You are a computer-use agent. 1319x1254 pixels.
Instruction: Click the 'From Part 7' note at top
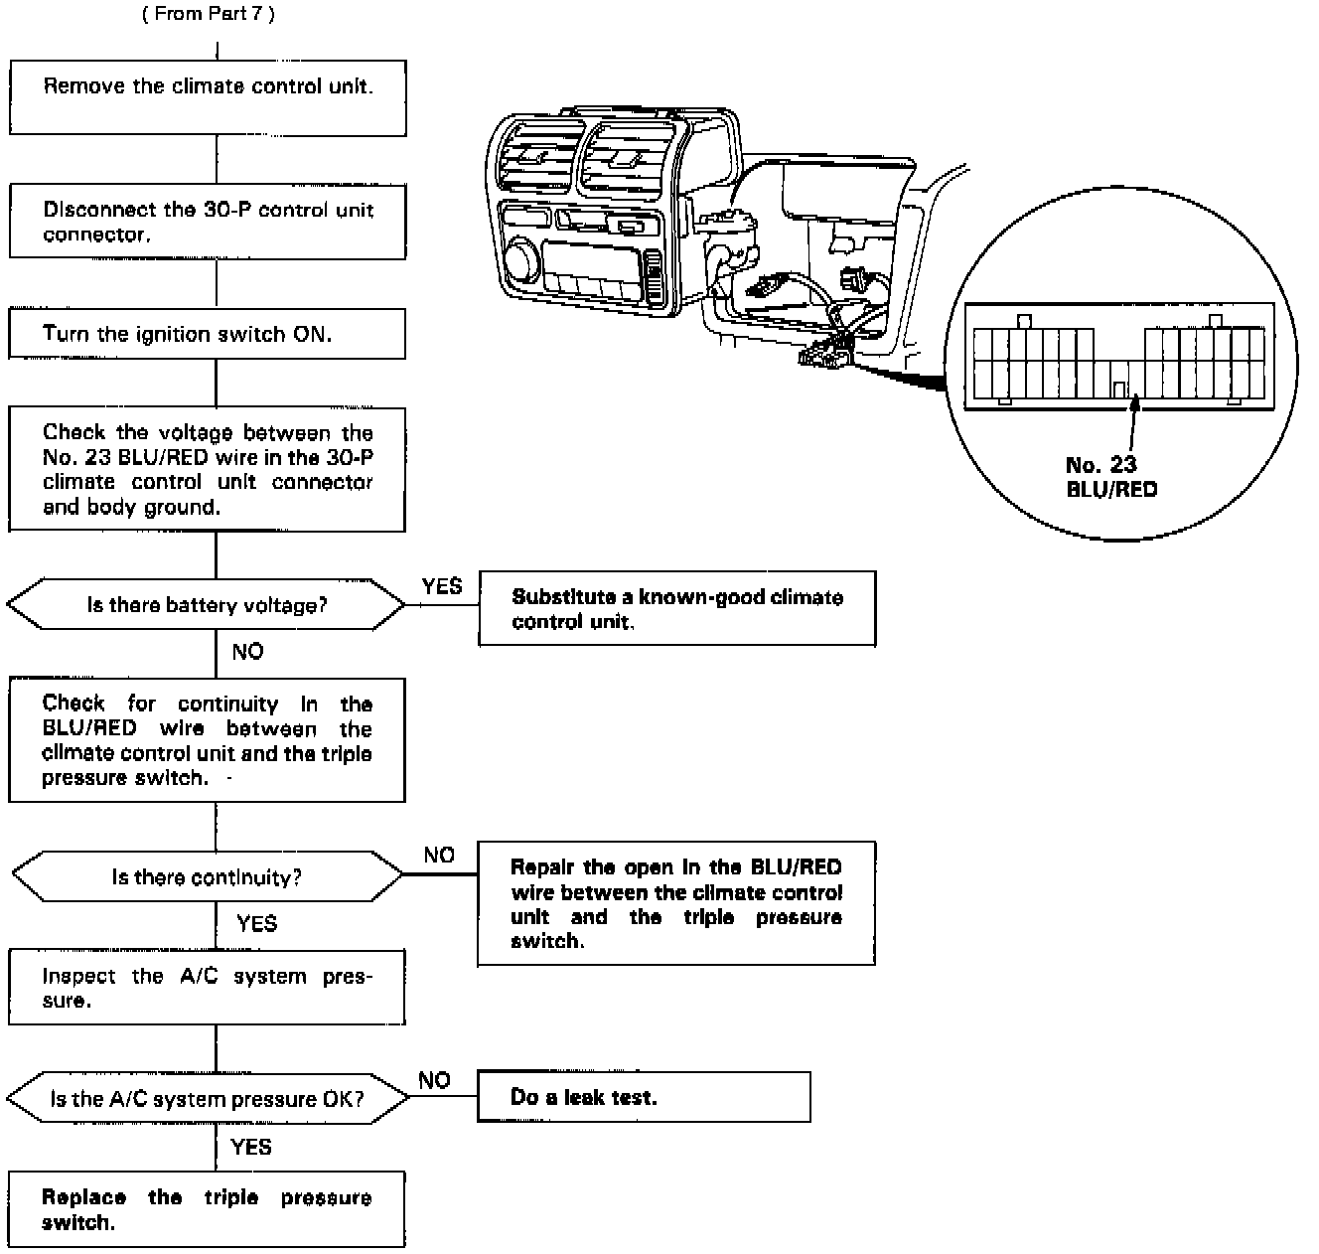209,14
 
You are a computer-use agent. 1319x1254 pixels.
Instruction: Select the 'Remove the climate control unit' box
208,97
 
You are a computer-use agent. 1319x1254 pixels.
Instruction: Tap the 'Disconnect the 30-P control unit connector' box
208,222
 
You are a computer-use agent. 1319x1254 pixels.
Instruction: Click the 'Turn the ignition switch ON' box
208,334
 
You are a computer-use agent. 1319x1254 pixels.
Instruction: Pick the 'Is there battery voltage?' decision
207,604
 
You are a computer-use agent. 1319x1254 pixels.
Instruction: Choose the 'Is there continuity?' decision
208,876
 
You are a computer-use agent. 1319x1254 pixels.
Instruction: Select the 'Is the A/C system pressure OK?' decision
208,1099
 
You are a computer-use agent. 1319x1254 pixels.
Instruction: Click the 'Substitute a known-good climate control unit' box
676,608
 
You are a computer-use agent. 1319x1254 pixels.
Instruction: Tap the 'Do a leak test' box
644,1097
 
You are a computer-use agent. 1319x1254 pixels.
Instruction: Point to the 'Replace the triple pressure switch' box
207,1209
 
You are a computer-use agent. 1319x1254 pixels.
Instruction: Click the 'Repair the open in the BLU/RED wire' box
675,903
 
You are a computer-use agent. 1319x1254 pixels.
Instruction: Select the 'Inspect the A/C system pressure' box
207,988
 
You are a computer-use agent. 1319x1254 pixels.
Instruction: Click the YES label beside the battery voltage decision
441,586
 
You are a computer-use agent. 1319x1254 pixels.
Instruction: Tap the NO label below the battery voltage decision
247,652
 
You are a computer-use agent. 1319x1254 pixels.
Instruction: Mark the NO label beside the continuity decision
439,856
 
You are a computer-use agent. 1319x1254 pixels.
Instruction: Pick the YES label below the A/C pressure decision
250,1147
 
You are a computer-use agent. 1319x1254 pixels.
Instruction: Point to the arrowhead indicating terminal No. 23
1133,402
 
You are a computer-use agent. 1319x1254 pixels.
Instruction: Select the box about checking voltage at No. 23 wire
208,469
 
